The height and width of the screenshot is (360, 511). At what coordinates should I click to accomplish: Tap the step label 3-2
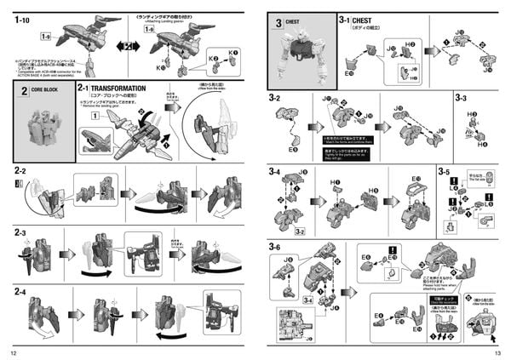pyautogui.click(x=275, y=99)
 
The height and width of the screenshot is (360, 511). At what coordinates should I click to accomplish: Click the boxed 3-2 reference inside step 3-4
pyautogui.click(x=300, y=230)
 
